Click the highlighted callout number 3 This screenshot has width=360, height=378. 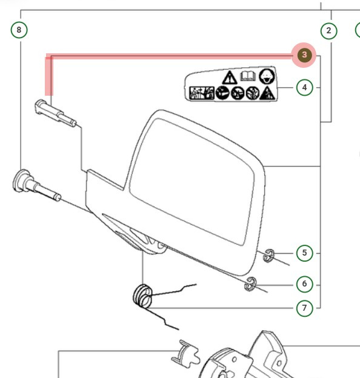click(x=304, y=56)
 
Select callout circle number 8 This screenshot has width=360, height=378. click(x=19, y=30)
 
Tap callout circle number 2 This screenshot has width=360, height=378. click(x=328, y=30)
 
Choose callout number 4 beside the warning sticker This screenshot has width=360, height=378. click(x=304, y=87)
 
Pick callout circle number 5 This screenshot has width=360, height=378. click(x=304, y=253)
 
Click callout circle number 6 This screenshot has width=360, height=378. click(x=304, y=283)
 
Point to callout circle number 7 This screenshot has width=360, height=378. click(x=304, y=308)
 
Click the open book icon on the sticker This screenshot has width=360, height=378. click(x=247, y=76)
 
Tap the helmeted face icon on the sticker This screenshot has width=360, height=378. click(x=265, y=76)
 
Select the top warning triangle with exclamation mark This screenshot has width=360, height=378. click(x=229, y=77)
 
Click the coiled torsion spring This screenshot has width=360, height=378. click(x=143, y=297)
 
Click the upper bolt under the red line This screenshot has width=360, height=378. click(x=55, y=113)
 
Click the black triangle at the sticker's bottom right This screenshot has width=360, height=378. click(x=267, y=93)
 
